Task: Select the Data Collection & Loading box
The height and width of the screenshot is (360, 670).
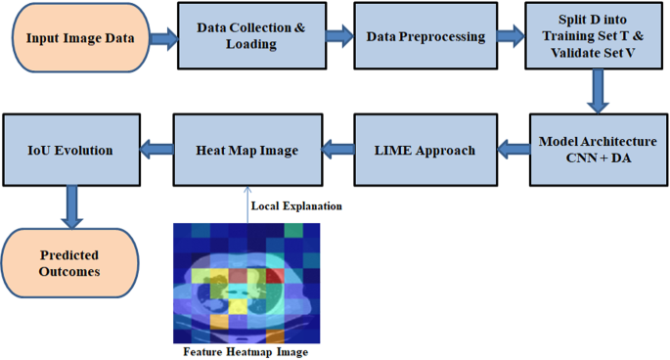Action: [251, 37]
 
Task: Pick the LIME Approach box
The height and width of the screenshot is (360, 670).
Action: [424, 150]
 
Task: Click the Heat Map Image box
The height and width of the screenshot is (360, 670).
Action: [246, 150]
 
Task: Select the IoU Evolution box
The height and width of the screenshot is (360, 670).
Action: [70, 150]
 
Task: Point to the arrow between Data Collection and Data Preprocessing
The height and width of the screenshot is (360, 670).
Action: [338, 37]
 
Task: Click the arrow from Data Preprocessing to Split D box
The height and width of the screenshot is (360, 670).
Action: [511, 37]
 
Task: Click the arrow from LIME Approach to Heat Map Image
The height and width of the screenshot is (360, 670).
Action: [337, 150]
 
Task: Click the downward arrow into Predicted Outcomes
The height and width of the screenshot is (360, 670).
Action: [70, 207]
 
